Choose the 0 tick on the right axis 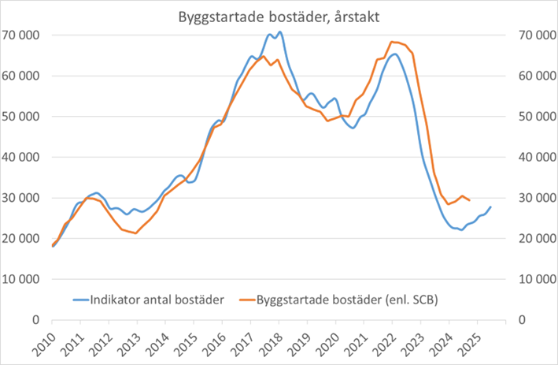click(x=520, y=320)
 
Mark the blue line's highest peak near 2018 click(x=279, y=32)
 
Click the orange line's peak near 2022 click(x=391, y=42)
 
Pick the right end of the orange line click(x=470, y=200)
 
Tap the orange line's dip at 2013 click(x=136, y=233)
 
